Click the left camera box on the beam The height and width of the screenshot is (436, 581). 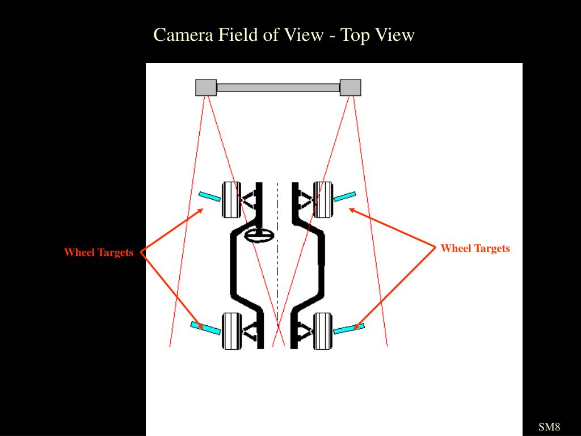206,87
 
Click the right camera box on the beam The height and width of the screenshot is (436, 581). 350,87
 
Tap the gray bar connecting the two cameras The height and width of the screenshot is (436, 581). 278,87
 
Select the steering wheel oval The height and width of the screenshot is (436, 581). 259,236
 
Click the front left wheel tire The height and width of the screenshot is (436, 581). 230,199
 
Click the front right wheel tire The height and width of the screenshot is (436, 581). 323,199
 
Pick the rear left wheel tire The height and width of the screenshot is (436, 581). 230,330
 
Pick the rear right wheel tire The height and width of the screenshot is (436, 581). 323,330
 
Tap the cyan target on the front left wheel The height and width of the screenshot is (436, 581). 209,196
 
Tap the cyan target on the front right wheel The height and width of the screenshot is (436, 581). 344,196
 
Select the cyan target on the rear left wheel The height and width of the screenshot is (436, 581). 205,328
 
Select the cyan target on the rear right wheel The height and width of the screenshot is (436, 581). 348,328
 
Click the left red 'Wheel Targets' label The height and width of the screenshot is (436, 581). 98,253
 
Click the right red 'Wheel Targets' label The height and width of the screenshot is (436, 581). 475,248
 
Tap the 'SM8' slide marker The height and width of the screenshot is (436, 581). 549,427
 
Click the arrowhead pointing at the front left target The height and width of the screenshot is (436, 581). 200,211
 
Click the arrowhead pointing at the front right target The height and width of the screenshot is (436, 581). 351,210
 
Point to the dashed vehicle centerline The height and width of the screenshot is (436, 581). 277,261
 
